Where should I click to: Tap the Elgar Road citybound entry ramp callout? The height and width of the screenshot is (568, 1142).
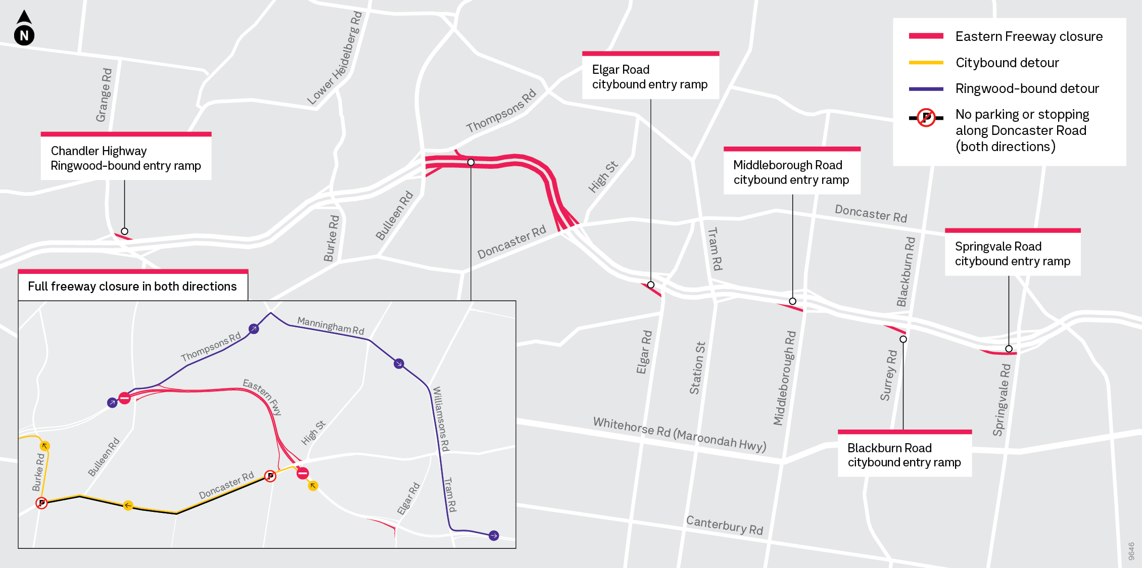coord(650,77)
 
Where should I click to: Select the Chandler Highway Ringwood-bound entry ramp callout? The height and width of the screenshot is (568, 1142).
coord(126,158)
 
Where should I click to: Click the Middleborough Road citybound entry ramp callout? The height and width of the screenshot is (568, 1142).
coord(791,172)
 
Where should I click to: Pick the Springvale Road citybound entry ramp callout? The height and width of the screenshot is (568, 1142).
coord(1012,254)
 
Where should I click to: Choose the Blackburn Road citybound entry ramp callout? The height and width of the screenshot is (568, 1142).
coord(904,455)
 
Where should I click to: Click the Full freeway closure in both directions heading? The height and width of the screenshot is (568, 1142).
coord(132,287)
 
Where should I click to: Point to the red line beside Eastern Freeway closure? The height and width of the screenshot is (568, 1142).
coord(926,36)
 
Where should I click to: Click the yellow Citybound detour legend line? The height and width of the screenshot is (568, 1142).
coord(926,63)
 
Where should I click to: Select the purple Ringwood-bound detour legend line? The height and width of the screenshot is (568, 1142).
coord(926,89)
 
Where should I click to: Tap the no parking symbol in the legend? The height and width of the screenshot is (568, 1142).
coord(926,118)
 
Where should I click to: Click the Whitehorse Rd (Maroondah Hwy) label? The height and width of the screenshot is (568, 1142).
coord(679,434)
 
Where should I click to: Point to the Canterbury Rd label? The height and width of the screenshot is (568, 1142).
coord(724,525)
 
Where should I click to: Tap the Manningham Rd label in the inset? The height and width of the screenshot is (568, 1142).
coord(330,325)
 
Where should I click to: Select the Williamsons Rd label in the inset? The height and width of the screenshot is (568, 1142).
coord(441,419)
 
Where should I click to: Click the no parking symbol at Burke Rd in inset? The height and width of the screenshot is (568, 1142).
coord(41,503)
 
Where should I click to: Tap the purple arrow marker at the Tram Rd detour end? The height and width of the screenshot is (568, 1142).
coord(494,536)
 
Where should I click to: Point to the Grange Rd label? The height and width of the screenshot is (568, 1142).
coord(104,95)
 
